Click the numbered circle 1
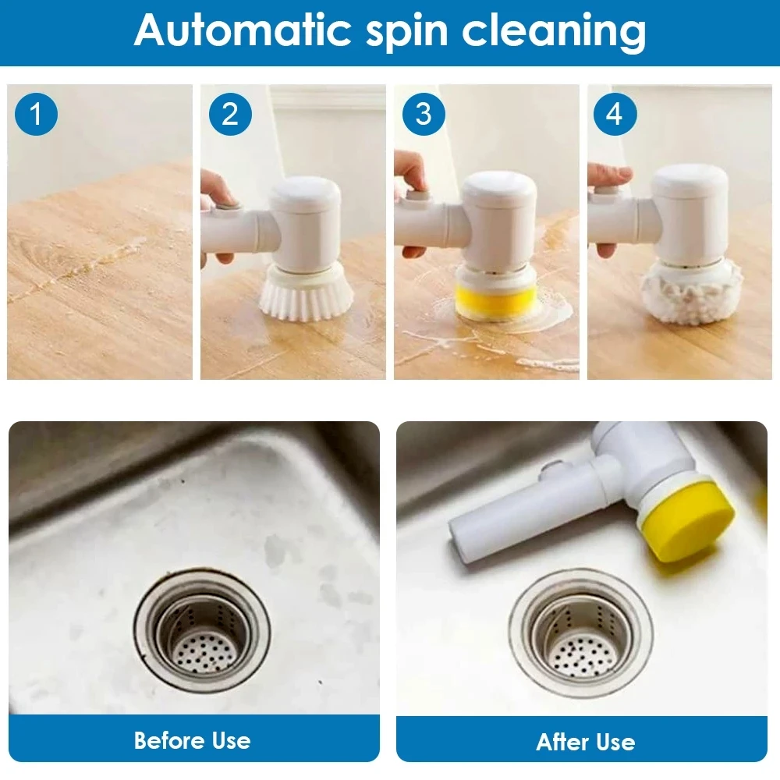[36, 115]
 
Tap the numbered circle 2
[230, 115]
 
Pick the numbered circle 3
[423, 115]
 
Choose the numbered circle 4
[615, 115]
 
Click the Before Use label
[193, 739]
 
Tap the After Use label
[585, 742]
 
